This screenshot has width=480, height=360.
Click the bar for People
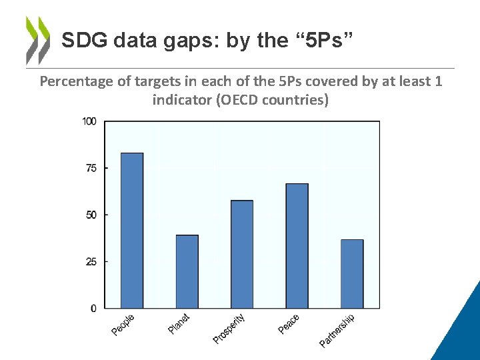pyautogui.click(x=132, y=231)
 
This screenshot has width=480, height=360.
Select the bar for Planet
pyautogui.click(x=187, y=271)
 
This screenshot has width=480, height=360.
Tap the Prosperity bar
pyautogui.click(x=242, y=254)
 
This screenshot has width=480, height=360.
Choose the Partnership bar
pyautogui.click(x=352, y=274)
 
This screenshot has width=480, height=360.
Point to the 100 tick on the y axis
pyautogui.click(x=89, y=121)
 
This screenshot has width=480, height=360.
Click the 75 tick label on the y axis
pyautogui.click(x=91, y=168)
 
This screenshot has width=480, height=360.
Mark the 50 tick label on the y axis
pyautogui.click(x=91, y=215)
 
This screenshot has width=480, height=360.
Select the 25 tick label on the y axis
pyautogui.click(x=91, y=261)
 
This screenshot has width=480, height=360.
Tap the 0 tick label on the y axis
pyautogui.click(x=94, y=308)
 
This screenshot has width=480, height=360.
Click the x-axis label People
pyautogui.click(x=123, y=325)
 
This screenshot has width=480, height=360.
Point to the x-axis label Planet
pyautogui.click(x=179, y=324)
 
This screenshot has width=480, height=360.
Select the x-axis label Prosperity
pyautogui.click(x=229, y=329)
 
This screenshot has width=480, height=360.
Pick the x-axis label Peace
pyautogui.click(x=289, y=324)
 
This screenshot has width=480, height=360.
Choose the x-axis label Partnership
pyautogui.click(x=337, y=330)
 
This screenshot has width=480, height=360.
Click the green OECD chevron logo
pyautogui.click(x=37, y=40)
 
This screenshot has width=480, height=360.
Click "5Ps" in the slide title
pyautogui.click(x=322, y=41)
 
